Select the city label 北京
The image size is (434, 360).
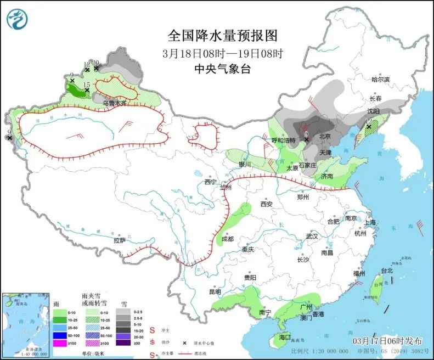coord(325,136)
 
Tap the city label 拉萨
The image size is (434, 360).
coord(120,240)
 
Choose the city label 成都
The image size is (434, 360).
coord(227,239)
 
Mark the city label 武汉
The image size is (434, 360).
coord(312,236)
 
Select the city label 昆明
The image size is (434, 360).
coord(215,291)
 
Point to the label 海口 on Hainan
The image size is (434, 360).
coord(284,336)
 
